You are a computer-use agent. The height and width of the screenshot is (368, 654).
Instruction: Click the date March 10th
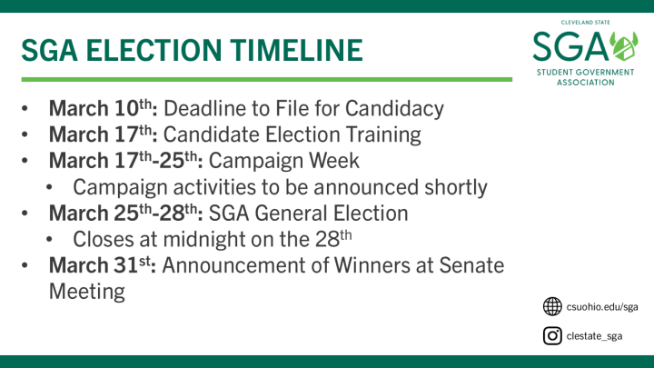pyautogui.click(x=104, y=108)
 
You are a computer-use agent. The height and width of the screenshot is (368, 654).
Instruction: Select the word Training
pyautogui.click(x=385, y=134)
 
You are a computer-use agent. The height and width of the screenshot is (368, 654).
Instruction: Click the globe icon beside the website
pyautogui.click(x=551, y=306)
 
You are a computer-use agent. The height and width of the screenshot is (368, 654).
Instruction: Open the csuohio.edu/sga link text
pyautogui.click(x=602, y=307)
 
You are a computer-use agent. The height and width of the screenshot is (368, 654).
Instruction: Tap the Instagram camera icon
pyautogui.click(x=551, y=336)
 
